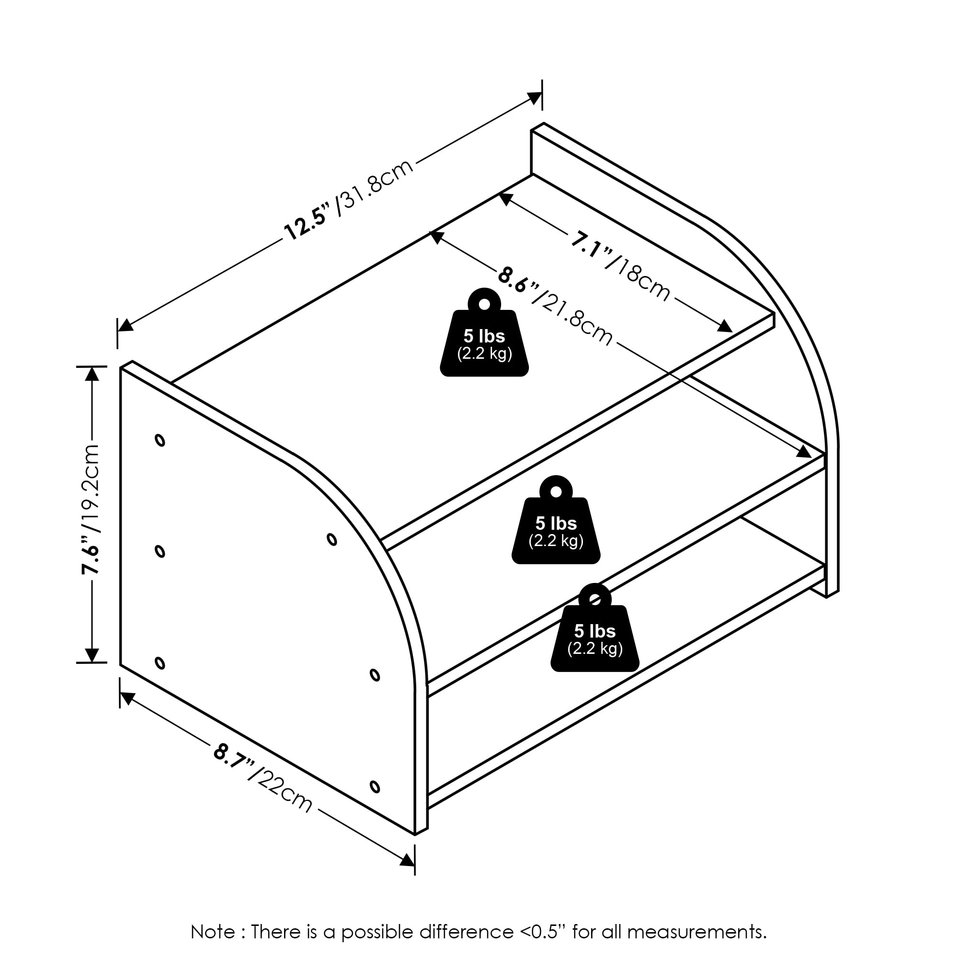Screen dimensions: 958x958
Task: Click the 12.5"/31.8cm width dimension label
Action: click(x=349, y=199)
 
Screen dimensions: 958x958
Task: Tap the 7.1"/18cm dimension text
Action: click(x=621, y=267)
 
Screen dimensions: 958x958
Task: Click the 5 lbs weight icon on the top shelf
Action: click(x=484, y=332)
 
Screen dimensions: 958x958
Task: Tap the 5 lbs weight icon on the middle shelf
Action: click(x=556, y=520)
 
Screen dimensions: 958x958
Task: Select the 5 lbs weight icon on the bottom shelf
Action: click(x=594, y=627)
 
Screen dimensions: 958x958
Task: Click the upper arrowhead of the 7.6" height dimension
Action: click(x=92, y=374)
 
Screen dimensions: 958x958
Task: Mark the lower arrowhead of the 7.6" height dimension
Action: click(x=92, y=655)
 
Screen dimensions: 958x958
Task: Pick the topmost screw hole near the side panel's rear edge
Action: click(x=160, y=440)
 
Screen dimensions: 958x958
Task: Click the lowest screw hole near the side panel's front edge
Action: click(x=375, y=787)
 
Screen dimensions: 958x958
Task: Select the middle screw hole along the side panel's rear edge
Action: click(x=160, y=551)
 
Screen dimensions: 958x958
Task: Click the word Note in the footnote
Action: click(x=213, y=931)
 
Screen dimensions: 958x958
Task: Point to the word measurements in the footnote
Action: click(x=696, y=932)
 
